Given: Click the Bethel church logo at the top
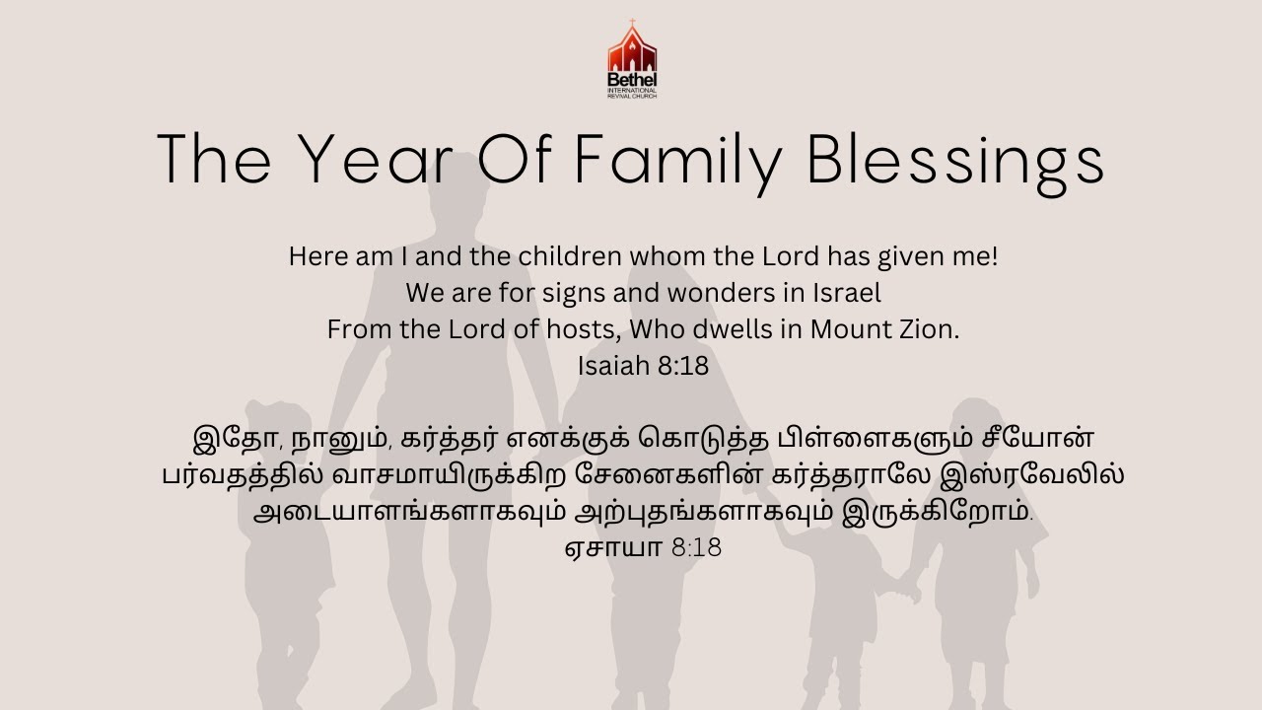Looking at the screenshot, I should click(x=632, y=59).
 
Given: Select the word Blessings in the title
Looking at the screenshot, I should click(x=955, y=160).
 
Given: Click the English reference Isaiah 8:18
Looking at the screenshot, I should click(x=643, y=366).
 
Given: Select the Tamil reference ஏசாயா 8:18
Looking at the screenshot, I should click(x=643, y=547).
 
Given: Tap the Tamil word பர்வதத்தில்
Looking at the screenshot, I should click(x=229, y=475).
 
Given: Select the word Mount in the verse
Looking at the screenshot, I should click(x=851, y=329).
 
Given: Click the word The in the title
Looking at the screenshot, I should click(x=213, y=160).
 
